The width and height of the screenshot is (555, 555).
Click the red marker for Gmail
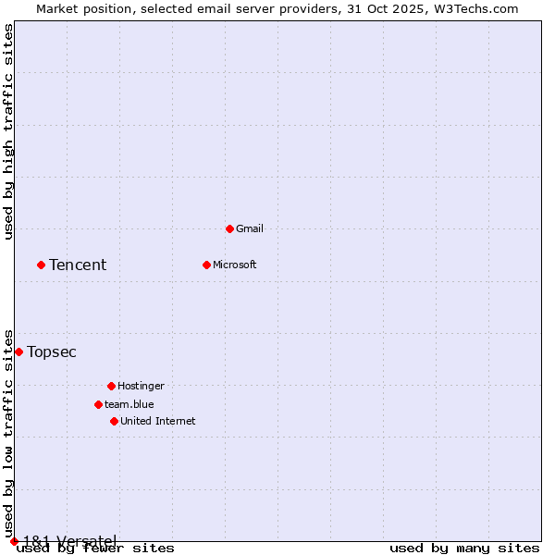(x=229, y=228)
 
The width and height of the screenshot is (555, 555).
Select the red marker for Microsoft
(x=206, y=265)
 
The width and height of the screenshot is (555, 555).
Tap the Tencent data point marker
(x=41, y=265)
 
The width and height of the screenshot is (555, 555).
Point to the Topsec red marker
(x=18, y=351)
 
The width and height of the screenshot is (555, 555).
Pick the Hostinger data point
(x=111, y=386)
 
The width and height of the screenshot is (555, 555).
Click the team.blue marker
(x=98, y=404)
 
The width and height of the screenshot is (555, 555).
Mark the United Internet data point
(x=114, y=421)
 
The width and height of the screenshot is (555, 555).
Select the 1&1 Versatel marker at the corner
(x=14, y=541)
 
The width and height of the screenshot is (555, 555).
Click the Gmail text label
(x=250, y=228)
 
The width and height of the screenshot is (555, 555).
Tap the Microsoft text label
(x=235, y=265)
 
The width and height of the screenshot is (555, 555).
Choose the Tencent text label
(x=78, y=265)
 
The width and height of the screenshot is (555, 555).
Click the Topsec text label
(x=52, y=351)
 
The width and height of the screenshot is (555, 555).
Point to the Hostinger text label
(x=141, y=386)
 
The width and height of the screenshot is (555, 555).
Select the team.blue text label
(x=129, y=404)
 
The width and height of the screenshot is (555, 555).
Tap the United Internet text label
(x=158, y=421)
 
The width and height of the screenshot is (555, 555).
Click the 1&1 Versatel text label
(x=69, y=540)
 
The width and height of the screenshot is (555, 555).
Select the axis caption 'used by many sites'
(x=464, y=548)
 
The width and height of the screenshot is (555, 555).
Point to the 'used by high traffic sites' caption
(x=8, y=132)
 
